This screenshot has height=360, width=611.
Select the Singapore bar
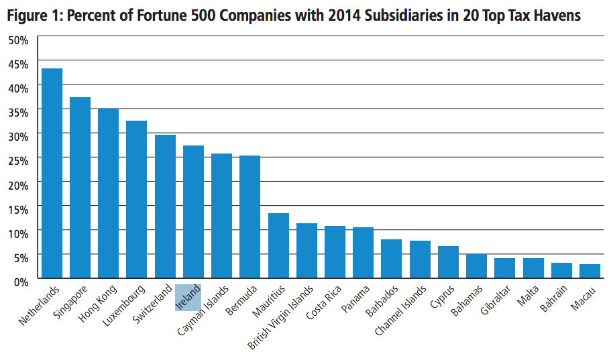click(x=80, y=188)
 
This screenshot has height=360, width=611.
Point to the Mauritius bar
click(x=278, y=245)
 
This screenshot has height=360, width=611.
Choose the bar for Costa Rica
click(x=335, y=252)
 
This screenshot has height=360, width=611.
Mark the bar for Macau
click(x=590, y=271)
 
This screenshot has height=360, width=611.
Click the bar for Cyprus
click(x=448, y=262)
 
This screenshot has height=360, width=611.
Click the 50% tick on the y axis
click(x=18, y=40)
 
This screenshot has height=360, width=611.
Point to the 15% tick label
click(x=18, y=209)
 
